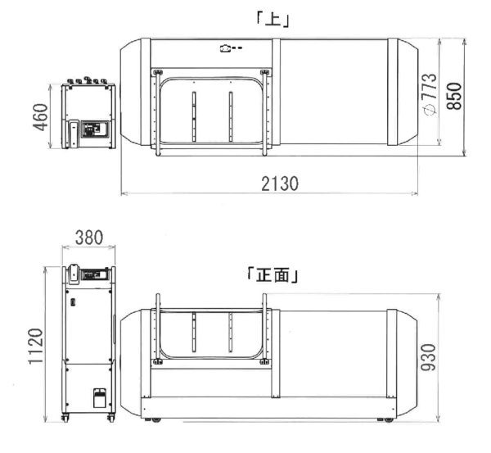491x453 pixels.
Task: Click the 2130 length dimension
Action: (280, 183)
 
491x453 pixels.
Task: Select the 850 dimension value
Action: (454, 96)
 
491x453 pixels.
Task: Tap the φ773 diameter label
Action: (430, 95)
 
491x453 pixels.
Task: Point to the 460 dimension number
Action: (41, 117)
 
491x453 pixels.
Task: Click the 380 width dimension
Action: (89, 238)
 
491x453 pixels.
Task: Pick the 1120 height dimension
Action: (36, 346)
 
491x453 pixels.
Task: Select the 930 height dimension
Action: (428, 357)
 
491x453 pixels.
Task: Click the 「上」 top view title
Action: (273, 20)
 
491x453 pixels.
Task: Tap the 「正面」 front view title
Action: (273, 275)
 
